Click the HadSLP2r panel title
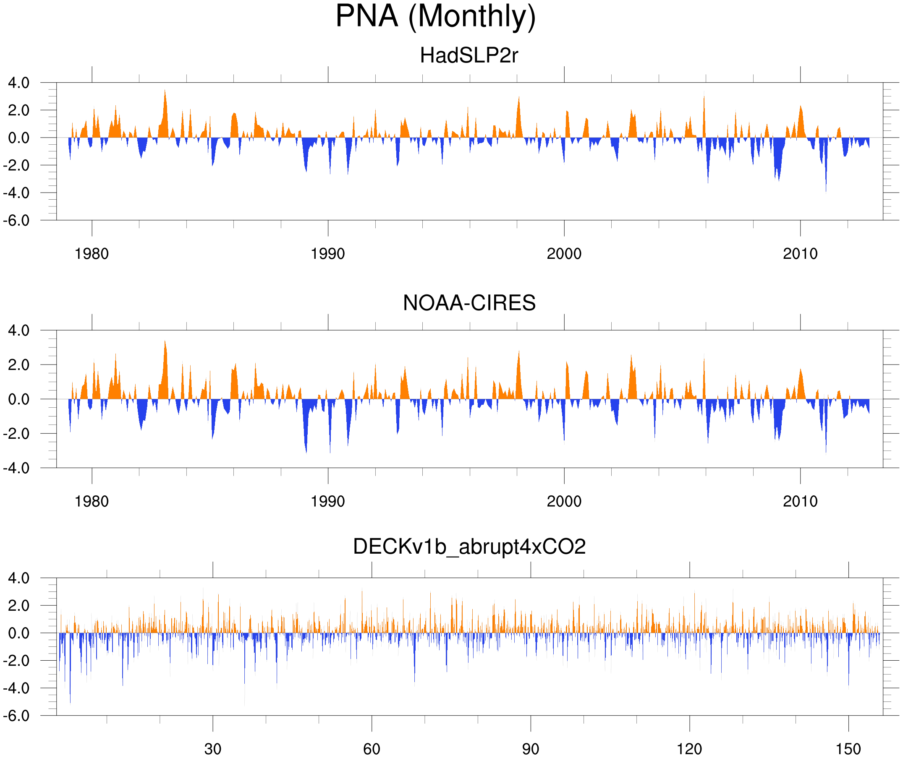point(469,55)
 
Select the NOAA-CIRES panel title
point(469,303)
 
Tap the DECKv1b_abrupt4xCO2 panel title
point(469,547)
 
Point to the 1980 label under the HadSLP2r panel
point(92,254)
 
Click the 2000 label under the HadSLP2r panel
point(564,254)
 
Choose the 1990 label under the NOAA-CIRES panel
point(328,501)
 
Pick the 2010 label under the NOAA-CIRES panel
point(800,501)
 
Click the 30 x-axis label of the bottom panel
point(212,749)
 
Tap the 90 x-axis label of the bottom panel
point(530,749)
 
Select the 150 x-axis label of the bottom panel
point(848,749)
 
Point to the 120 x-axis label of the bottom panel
point(689,749)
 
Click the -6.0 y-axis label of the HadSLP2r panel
point(16,221)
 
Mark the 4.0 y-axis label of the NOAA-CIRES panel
point(19,331)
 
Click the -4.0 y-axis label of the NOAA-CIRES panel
point(16,468)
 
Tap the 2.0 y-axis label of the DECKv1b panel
point(19,606)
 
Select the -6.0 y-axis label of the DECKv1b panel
point(16,716)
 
